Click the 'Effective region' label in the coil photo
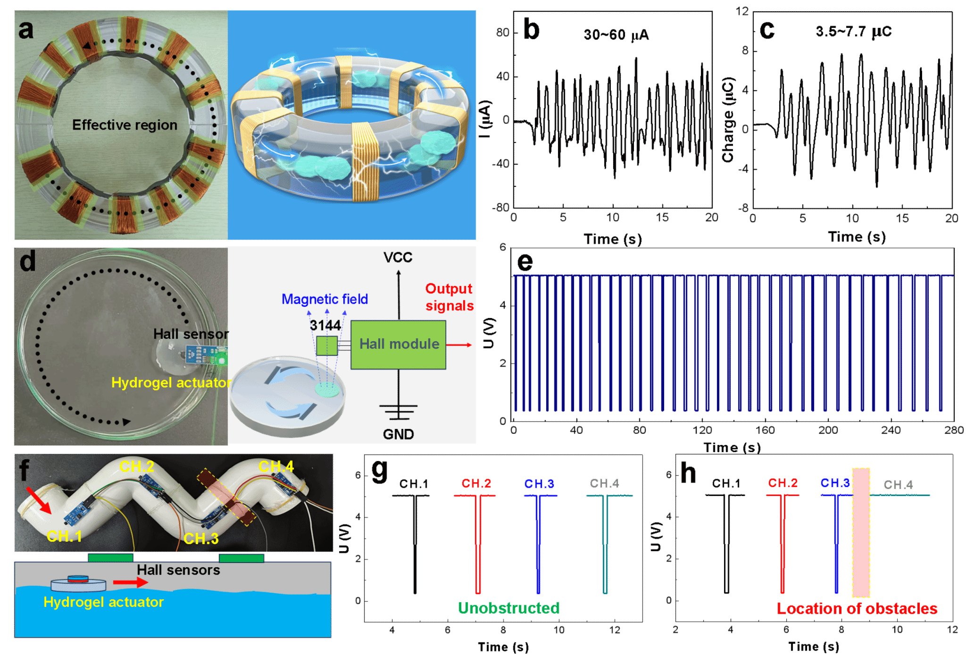coord(125,125)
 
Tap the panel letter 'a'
coord(26,29)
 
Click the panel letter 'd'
coord(27,261)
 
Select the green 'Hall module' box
coord(399,344)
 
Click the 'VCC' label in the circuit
coord(398,258)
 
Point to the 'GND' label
coord(398,434)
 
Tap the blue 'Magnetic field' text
coord(325,299)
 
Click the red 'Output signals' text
coord(449,297)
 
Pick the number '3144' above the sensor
coord(325,325)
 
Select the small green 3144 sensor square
coord(326,345)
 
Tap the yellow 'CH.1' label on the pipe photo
coord(64,536)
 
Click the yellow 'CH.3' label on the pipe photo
coord(201,538)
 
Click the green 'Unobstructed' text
coord(508,608)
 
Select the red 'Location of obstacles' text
coord(857,609)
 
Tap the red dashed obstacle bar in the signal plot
coord(861,533)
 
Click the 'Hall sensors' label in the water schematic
coord(178,570)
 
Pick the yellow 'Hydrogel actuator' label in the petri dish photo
coord(171,382)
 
